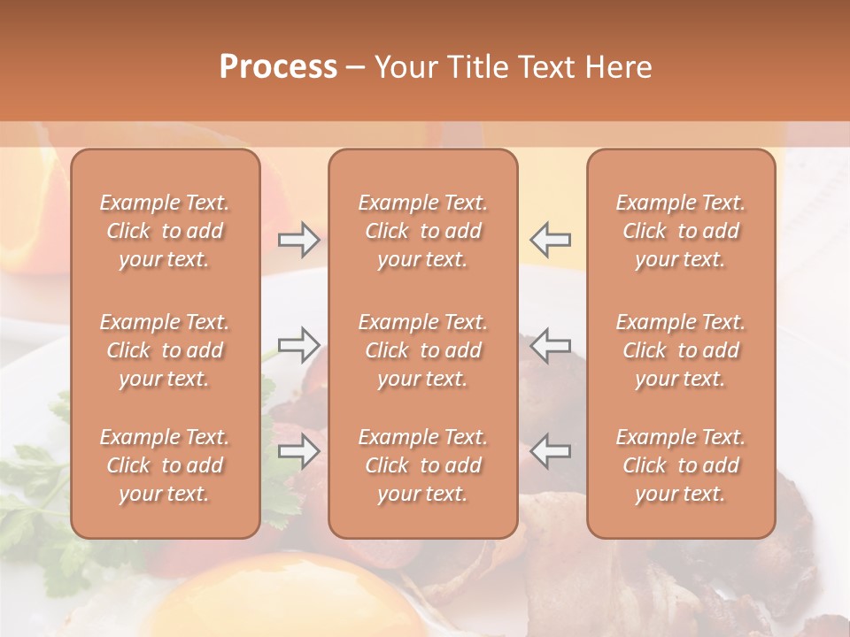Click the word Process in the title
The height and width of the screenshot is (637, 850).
278,66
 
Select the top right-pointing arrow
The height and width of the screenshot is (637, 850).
298,239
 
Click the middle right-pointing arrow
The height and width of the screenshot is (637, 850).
298,344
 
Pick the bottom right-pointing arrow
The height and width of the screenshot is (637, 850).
298,451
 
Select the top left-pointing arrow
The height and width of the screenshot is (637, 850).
550,239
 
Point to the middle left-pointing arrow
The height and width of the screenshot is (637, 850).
550,344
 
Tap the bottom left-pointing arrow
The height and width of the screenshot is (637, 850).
550,451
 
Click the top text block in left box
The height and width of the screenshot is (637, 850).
165,231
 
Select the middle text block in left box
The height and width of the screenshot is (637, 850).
165,350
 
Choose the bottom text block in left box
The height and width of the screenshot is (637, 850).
165,465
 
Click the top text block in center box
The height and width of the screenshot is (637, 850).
423,231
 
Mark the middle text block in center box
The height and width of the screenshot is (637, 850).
423,350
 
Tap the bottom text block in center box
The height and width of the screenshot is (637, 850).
423,465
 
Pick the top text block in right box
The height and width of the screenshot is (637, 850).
681,231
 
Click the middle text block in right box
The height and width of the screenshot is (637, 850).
681,350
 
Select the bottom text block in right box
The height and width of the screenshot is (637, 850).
681,465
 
